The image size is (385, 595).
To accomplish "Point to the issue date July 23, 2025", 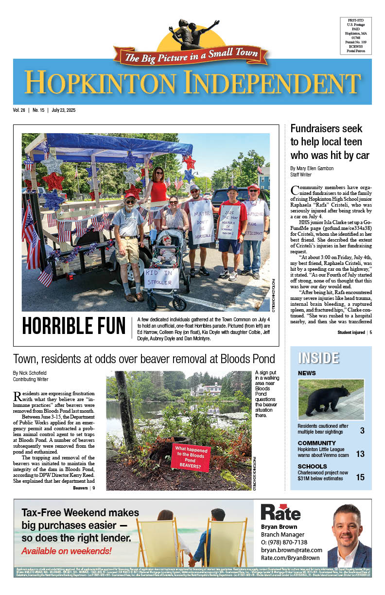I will click(63, 110).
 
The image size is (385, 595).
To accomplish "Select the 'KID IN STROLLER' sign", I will click(161, 279).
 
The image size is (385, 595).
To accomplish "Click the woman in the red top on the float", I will click(158, 190).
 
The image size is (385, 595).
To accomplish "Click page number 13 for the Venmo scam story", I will click(360, 454).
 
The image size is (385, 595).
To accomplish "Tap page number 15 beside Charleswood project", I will click(360, 477).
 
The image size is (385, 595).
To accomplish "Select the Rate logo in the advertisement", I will click(280, 511).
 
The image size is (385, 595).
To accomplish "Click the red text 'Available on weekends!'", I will click(66, 551).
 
